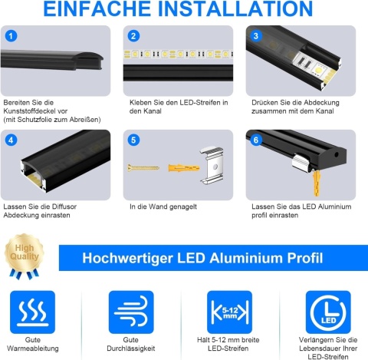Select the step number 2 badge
[x=133, y=36]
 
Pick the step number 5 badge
[x=133, y=140]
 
